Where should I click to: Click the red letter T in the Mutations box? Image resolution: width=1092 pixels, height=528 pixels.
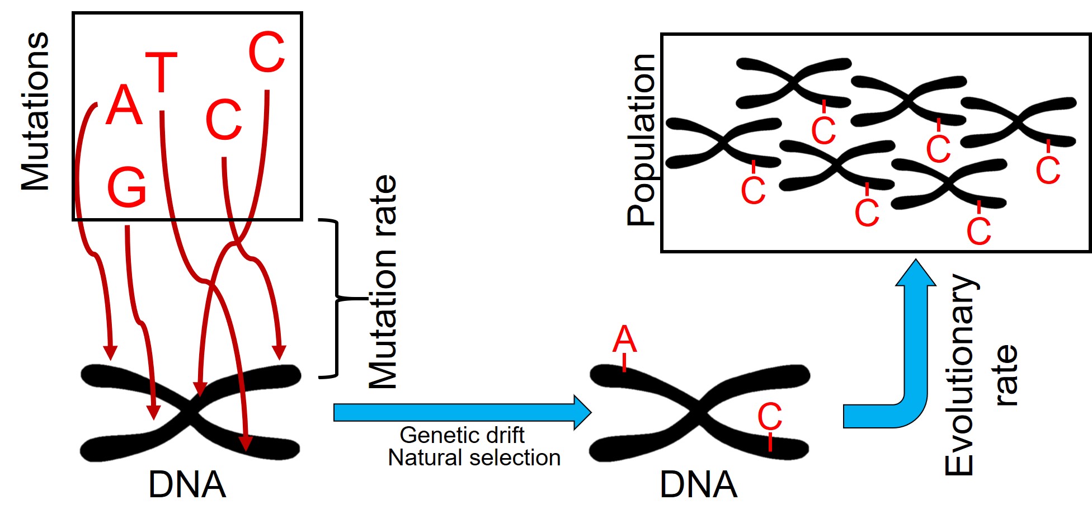pyautogui.click(x=161, y=72)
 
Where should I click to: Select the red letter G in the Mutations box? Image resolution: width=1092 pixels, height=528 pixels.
pyautogui.click(x=126, y=187)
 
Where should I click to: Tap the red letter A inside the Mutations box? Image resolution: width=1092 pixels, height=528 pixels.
pyautogui.click(x=124, y=105)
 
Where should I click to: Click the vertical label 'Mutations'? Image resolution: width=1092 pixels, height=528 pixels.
pyautogui.click(x=35, y=111)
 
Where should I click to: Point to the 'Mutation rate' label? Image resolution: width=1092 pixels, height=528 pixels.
pyautogui.click(x=383, y=282)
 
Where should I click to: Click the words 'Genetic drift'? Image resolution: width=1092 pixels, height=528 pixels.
pyautogui.click(x=462, y=435)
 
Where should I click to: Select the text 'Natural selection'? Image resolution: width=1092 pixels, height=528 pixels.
pyautogui.click(x=474, y=458)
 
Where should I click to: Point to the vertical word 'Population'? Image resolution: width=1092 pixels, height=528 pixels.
pyautogui.click(x=641, y=140)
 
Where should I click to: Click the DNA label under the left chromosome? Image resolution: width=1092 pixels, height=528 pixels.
pyautogui.click(x=187, y=484)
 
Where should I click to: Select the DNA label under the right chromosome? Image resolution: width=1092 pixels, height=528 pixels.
pyautogui.click(x=698, y=484)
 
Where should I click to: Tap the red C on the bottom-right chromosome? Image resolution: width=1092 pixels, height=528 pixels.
pyautogui.click(x=769, y=416)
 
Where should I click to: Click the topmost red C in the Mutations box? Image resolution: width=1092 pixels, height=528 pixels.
pyautogui.click(x=266, y=52)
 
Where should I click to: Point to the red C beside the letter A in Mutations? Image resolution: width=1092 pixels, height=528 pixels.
pyautogui.click(x=224, y=120)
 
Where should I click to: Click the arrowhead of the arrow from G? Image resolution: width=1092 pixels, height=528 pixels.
pyautogui.click(x=153, y=412)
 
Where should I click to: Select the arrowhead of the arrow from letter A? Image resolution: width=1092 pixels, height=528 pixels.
pyautogui.click(x=111, y=352)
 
